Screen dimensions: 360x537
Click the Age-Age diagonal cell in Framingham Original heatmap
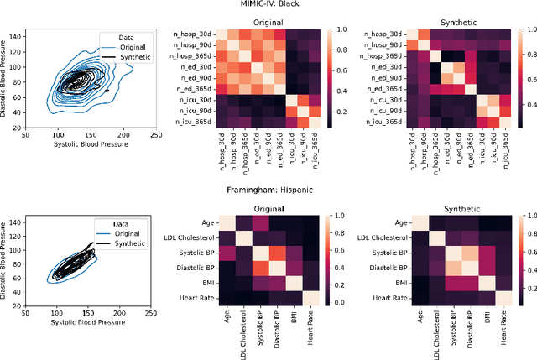(x=227, y=222)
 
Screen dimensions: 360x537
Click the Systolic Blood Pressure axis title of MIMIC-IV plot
(x=96, y=147)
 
